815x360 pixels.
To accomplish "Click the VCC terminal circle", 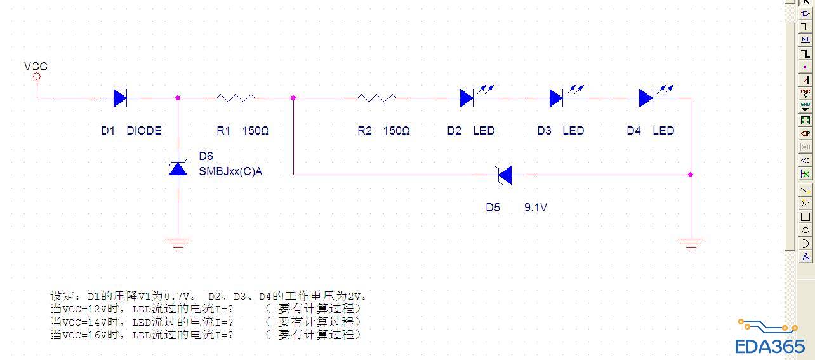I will tap(37, 77).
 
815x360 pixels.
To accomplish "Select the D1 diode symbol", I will tap(120, 98).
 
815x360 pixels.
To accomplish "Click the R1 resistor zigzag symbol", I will tap(235, 98).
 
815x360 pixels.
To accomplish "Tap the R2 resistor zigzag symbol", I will tap(376, 98).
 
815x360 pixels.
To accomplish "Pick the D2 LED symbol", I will tap(467, 98).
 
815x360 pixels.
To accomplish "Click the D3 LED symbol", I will tap(557, 98).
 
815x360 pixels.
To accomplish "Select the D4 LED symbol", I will tap(647, 98).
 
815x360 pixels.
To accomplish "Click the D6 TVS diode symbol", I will tap(178, 168).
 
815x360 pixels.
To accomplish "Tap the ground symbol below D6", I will tap(178, 243).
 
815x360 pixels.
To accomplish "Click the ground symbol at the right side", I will tap(691, 243).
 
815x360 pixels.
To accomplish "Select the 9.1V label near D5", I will tap(535, 208).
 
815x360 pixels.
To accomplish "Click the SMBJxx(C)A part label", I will tap(230, 171).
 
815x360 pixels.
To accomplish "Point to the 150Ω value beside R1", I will tap(256, 131).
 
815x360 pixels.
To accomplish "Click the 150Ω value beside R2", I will tap(397, 131).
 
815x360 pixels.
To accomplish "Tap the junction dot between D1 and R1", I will tap(178, 98).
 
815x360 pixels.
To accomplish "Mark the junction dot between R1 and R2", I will tap(293, 98).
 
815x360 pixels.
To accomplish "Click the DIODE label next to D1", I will tap(144, 131).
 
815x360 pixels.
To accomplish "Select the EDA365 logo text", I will tap(770, 347).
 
